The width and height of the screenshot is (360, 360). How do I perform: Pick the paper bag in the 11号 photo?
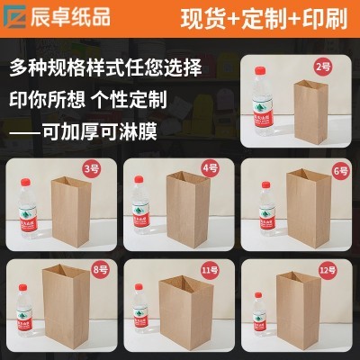(184, 310)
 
